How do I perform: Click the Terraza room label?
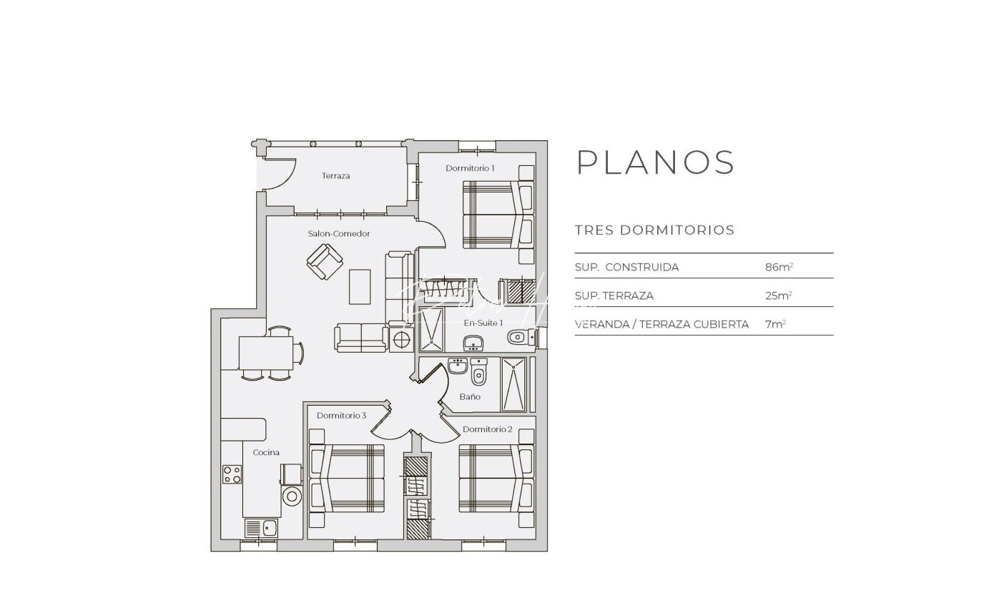coord(335,176)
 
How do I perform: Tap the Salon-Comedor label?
coord(338,233)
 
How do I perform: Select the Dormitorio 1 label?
coord(470,168)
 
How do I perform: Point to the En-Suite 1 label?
coord(483,323)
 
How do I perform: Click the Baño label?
coord(470,396)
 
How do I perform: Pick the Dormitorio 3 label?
coord(341,416)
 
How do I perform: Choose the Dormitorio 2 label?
coord(488,429)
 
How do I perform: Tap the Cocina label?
coord(266,452)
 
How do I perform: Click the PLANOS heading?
coord(655,162)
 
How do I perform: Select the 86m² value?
coord(779,267)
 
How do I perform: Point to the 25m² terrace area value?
coord(779,295)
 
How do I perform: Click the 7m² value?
coord(775,324)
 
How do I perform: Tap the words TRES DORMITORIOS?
coord(654,230)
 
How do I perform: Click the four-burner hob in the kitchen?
coord(232,474)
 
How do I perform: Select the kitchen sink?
coord(261,528)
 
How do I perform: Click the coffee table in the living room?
coord(360,287)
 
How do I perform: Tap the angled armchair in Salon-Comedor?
coord(325,262)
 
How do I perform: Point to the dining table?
coord(266,353)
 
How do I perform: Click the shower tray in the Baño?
coord(513,384)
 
